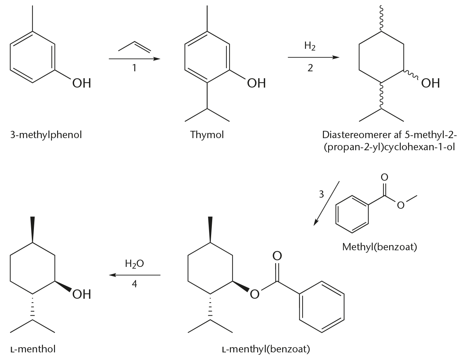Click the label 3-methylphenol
pos(46,135)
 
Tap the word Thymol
pos(207,135)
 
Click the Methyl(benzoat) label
pos(380,247)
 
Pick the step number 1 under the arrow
pos(134,68)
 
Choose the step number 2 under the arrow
pos(310,68)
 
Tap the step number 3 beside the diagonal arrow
pos(321,194)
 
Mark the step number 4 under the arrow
pos(134,284)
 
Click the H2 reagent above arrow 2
pos(310,46)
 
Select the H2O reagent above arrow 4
pos(134,264)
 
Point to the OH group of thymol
pos(256,83)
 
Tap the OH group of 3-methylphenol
pos(82,83)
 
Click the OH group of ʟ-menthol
pos(82,294)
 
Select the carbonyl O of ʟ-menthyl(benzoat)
pos(277,256)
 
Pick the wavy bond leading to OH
pos(411,75)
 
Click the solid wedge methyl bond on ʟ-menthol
pos(33,229)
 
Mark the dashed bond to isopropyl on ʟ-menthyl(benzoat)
pos(210,307)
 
